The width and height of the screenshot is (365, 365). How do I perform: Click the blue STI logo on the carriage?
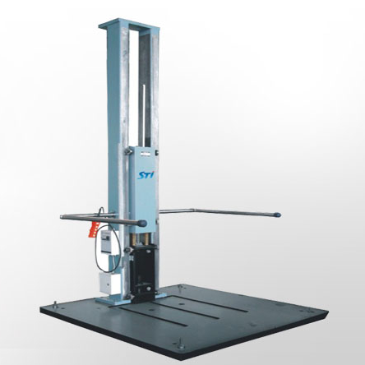pos(145,174)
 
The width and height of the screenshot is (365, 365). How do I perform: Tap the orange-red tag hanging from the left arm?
pos(94,229)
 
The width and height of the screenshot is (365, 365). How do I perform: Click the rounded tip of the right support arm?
pos(277,215)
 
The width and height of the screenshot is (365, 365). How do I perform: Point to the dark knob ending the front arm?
pos(142,224)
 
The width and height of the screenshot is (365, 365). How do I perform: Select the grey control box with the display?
pos(107,241)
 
